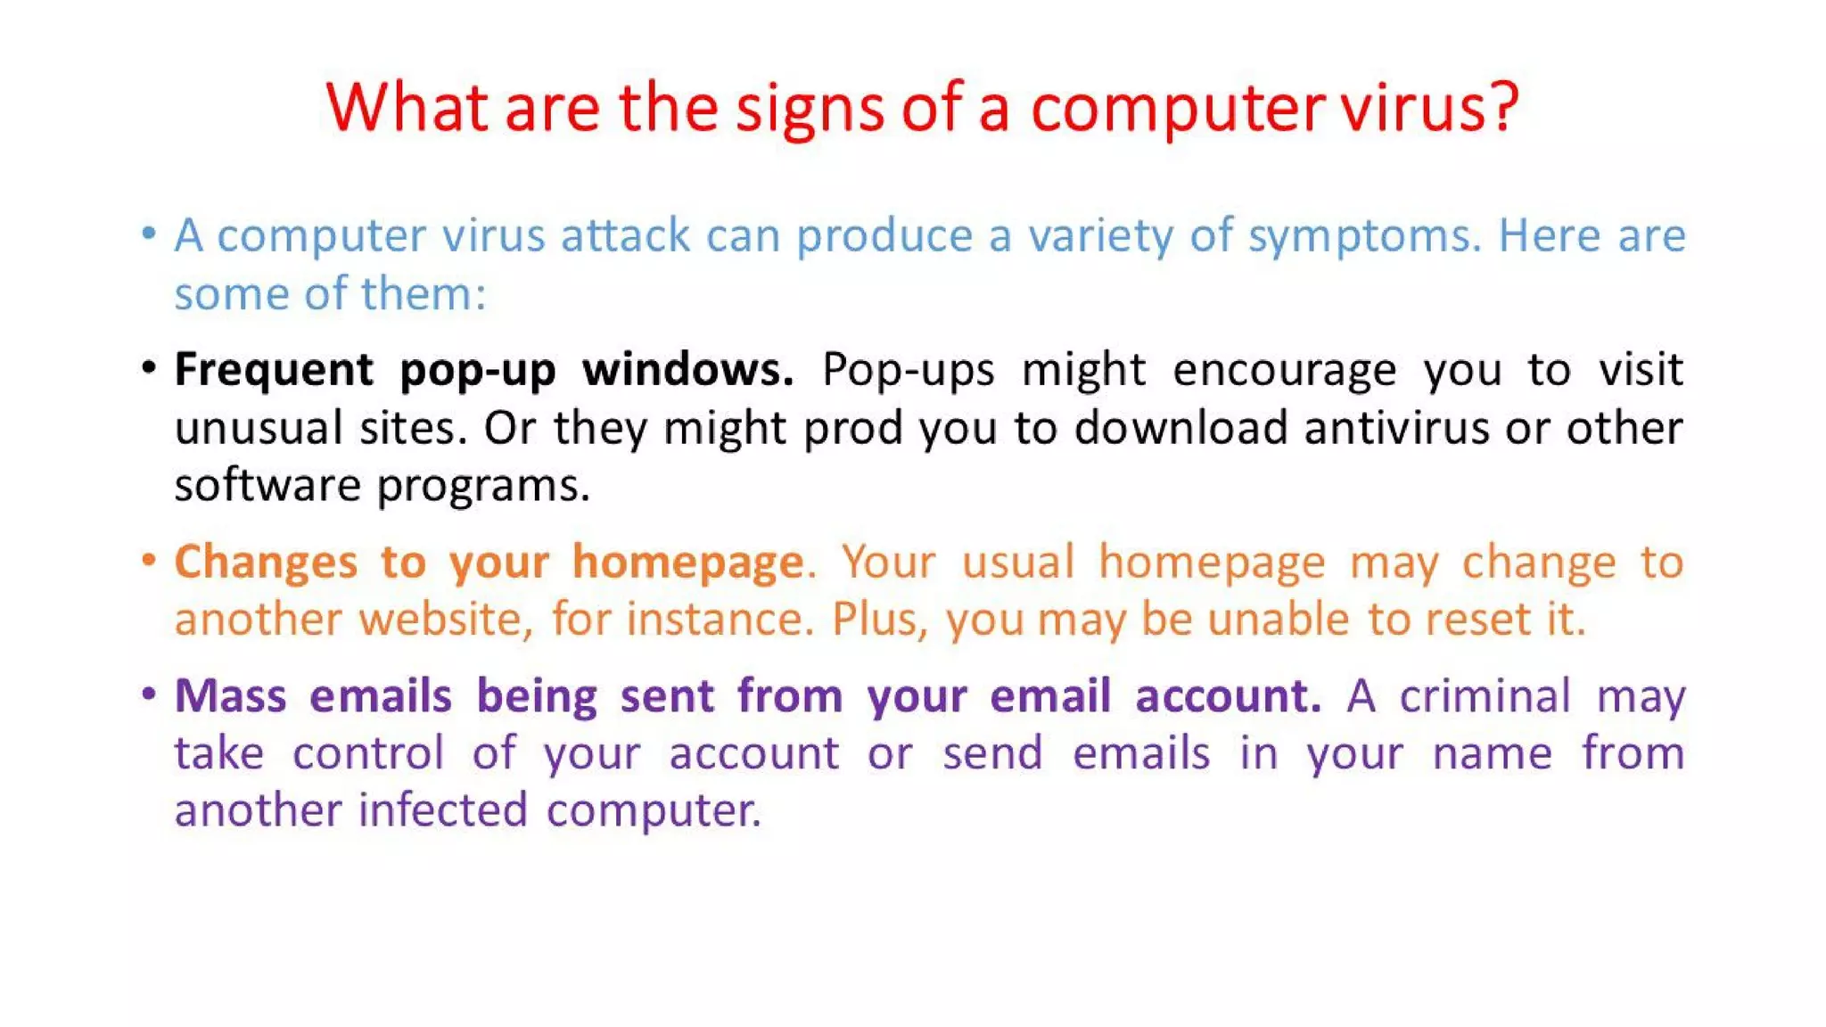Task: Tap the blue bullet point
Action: (149, 234)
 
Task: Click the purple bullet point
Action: (149, 694)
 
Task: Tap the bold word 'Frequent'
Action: (274, 370)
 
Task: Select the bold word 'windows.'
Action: (687, 369)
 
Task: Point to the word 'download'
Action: (1180, 428)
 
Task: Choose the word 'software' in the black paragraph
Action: (267, 486)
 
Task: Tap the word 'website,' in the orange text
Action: (446, 619)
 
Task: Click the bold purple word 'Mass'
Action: (230, 695)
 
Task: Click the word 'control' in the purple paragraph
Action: (367, 753)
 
